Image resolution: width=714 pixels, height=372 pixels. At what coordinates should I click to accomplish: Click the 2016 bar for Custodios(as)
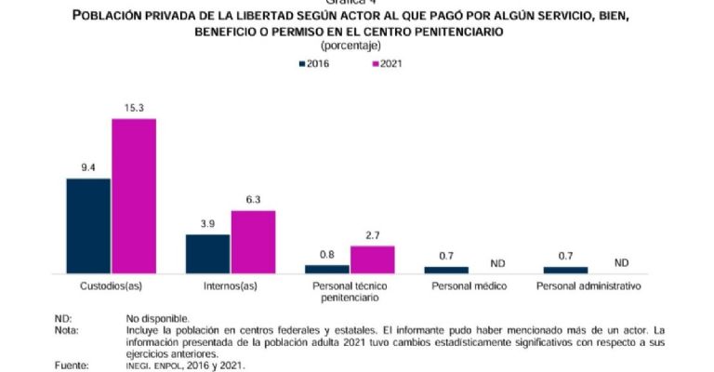[88, 225]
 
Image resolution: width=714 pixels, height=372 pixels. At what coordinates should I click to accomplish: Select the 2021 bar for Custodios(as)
[134, 195]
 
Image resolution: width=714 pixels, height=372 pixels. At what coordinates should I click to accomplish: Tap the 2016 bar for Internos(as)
[207, 253]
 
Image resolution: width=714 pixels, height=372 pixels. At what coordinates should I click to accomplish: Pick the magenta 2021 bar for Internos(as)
[253, 242]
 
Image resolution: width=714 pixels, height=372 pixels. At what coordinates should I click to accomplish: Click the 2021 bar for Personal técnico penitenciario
[372, 259]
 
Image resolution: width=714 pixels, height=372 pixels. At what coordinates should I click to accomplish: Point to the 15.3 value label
[134, 109]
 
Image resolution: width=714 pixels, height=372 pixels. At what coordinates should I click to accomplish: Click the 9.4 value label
[88, 168]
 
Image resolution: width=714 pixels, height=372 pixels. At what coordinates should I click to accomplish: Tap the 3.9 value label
[207, 224]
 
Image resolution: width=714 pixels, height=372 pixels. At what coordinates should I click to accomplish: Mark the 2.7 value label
[372, 236]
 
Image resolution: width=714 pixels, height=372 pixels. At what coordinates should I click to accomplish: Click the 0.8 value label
[327, 255]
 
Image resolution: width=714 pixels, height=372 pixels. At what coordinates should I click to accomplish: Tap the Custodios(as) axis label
[111, 286]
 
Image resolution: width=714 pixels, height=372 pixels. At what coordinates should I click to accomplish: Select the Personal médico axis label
[469, 286]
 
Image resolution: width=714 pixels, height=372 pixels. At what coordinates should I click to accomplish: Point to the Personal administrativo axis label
[588, 286]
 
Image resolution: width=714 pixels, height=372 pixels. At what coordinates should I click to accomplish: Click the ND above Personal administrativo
[622, 262]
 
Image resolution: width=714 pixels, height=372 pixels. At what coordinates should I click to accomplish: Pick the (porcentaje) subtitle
[356, 46]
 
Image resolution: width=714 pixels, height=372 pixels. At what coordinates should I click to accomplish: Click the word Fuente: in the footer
[71, 365]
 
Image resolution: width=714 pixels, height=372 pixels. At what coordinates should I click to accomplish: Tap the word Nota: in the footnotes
[67, 330]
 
